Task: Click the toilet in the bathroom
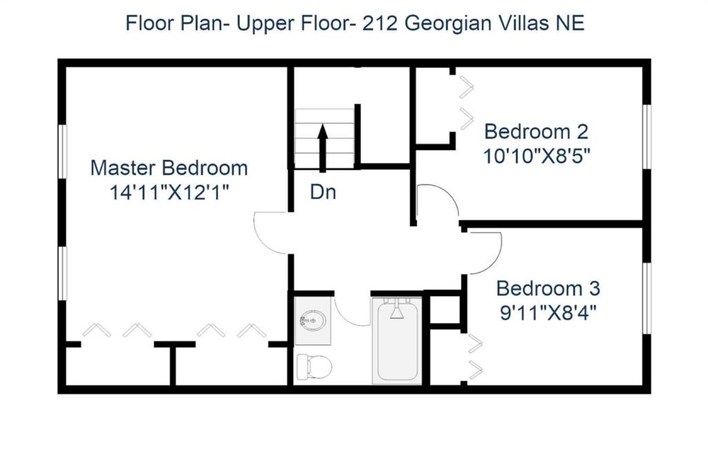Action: coord(315,367)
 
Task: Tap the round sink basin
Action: coord(312,321)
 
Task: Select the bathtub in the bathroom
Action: coord(397,341)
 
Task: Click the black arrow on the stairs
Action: coord(323,148)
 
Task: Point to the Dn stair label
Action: coord(323,192)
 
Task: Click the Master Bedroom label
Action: coord(169,168)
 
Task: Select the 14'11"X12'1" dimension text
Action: coord(169,192)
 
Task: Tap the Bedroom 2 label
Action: coord(536,132)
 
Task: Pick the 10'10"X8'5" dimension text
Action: coord(536,156)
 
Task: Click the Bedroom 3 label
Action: coord(548,288)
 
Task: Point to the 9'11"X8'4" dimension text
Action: coord(548,313)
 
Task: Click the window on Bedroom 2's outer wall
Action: coord(647,137)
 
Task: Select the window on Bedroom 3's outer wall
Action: coord(647,298)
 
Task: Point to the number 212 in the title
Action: coord(380,24)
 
